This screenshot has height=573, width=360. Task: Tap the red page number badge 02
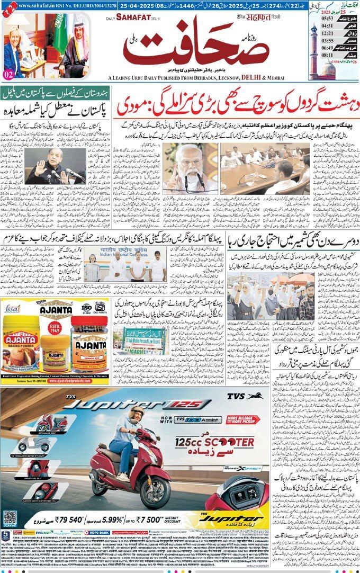[9, 74]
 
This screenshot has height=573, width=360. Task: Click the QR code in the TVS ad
[10, 518]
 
